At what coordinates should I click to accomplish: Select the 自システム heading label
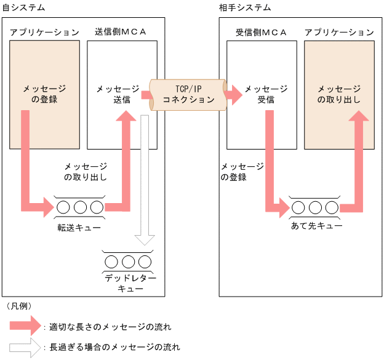pyautogui.click(x=23, y=7)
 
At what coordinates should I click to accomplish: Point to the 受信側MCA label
pyautogui.click(x=262, y=31)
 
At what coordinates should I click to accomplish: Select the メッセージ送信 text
pyautogui.click(x=118, y=94)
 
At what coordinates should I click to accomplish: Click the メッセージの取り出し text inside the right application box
pyautogui.click(x=338, y=94)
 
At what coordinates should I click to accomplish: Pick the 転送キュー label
pyautogui.click(x=79, y=228)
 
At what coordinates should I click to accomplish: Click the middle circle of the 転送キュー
pyautogui.click(x=80, y=207)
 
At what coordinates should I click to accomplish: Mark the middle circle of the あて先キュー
pyautogui.click(x=315, y=207)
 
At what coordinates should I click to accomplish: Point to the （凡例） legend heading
pyautogui.click(x=19, y=306)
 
